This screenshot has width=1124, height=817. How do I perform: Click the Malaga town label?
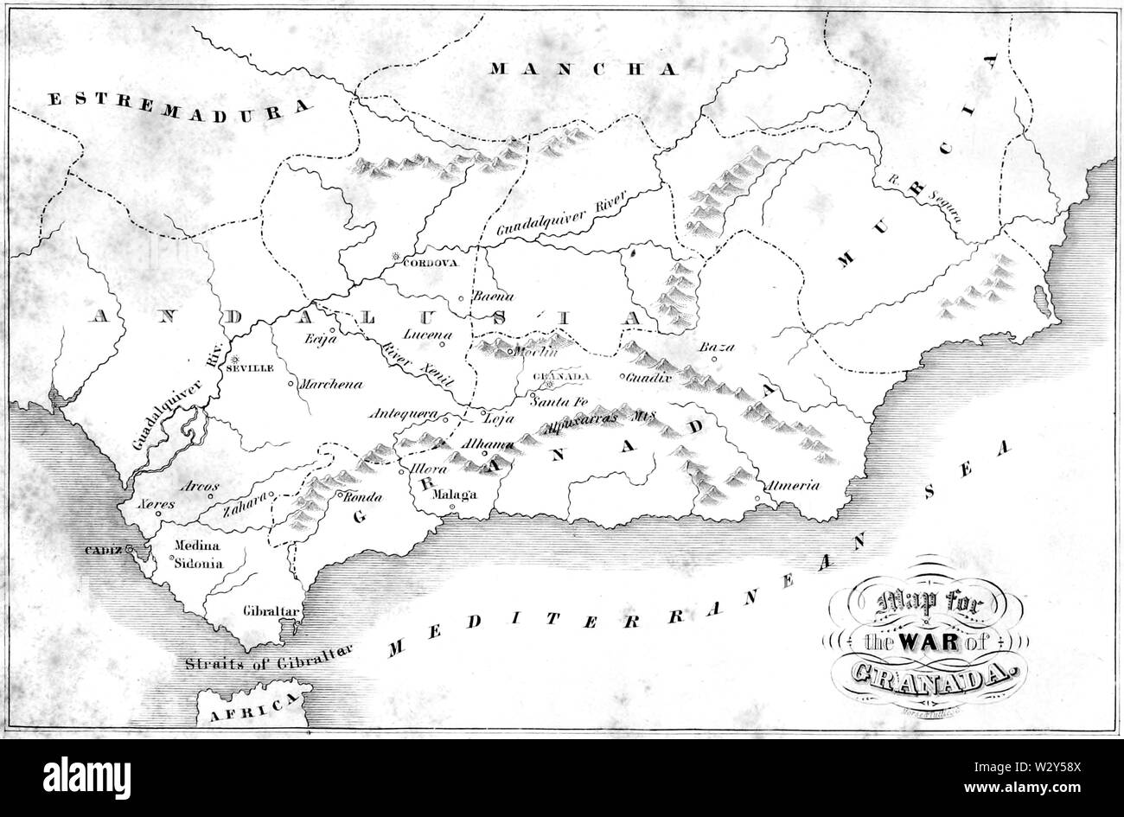coord(454,495)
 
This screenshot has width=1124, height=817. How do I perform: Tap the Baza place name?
coord(716,348)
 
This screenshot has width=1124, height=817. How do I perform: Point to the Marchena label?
coord(330,384)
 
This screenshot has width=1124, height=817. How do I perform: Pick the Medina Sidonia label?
coord(200,554)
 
